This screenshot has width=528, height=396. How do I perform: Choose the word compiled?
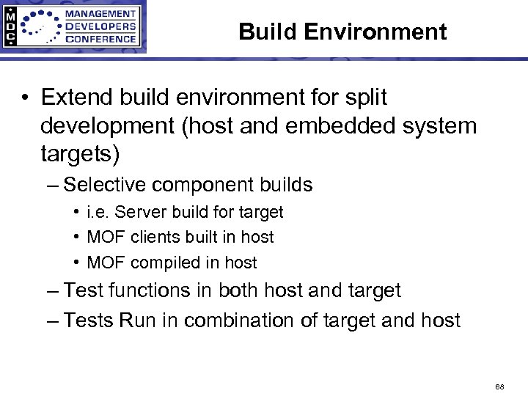tap(164, 263)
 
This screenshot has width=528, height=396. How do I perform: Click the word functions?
tap(150, 290)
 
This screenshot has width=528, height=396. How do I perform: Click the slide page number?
tap(499, 385)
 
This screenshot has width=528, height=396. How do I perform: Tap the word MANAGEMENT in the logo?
tap(100, 14)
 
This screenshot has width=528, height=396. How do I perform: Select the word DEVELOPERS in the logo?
tap(100, 26)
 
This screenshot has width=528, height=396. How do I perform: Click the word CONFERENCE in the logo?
tap(100, 39)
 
